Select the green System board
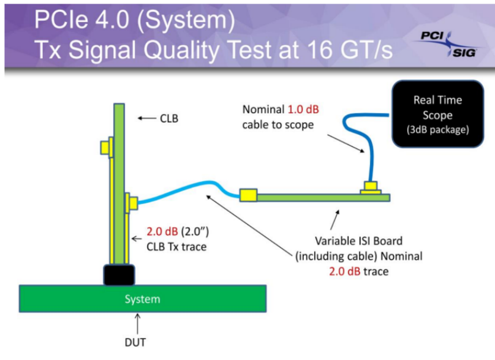142,299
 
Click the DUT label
137,342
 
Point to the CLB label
168,118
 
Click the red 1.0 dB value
303,110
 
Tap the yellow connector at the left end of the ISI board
248,196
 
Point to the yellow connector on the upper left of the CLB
105,147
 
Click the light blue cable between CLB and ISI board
184,189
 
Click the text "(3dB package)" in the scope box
437,129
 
